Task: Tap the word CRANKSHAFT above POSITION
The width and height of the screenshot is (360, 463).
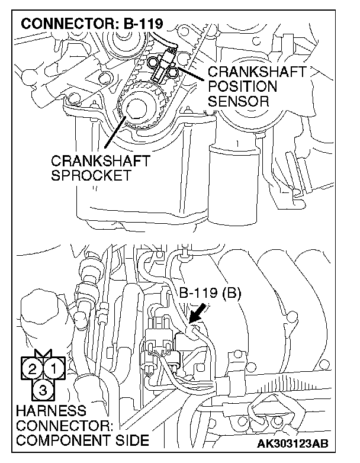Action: [256, 73]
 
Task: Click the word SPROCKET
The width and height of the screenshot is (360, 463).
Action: [90, 176]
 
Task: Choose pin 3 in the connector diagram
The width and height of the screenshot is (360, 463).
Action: [43, 389]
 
